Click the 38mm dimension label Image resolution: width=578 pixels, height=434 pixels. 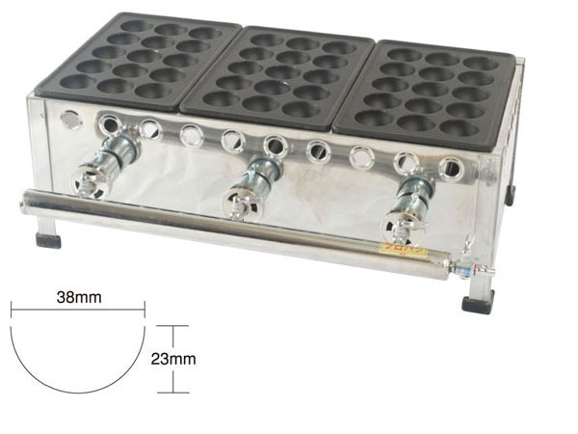[x=79, y=297]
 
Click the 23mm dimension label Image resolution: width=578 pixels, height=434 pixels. [x=173, y=359]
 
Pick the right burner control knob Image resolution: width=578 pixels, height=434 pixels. [x=401, y=225]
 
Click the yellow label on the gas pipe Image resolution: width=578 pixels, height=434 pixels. [x=404, y=253]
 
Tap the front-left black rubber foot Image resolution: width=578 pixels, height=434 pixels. [x=48, y=240]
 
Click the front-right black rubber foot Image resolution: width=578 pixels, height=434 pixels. [x=478, y=305]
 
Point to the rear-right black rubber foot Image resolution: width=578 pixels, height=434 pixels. [x=510, y=195]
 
